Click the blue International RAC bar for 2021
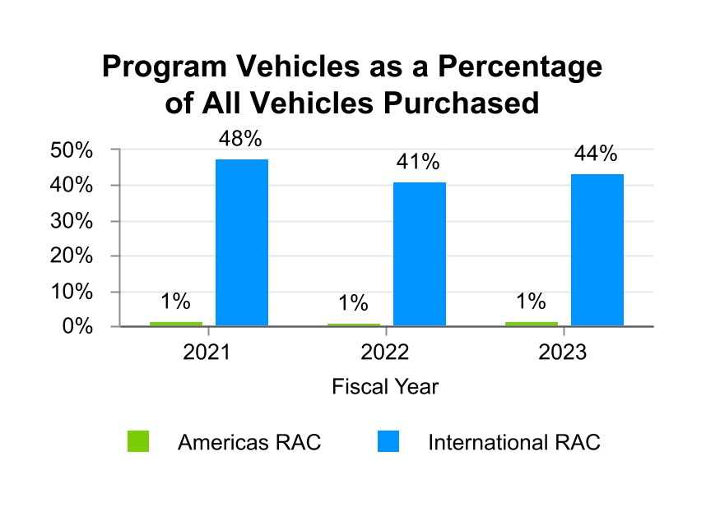click(242, 242)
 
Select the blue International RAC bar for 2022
click(420, 254)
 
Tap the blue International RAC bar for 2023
click(597, 250)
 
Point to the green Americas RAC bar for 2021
click(176, 324)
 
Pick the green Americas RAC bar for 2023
click(532, 324)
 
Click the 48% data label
click(241, 139)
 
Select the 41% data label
click(419, 162)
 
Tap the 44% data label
click(597, 154)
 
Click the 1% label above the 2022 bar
click(353, 303)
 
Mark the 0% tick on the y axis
click(75, 327)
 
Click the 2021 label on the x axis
click(207, 353)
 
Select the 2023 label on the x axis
click(563, 353)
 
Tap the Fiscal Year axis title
click(385, 386)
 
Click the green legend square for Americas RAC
click(138, 442)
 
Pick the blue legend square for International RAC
click(388, 442)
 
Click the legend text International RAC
click(513, 443)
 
